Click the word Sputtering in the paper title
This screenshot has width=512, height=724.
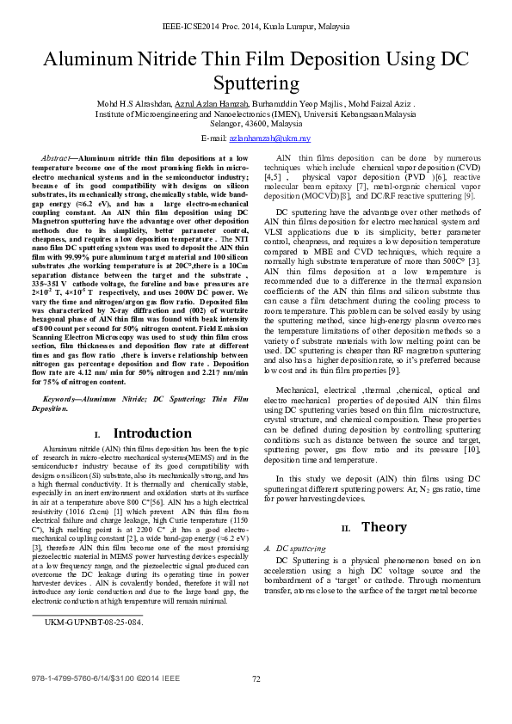256,83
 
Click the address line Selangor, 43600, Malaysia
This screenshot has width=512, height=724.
256,123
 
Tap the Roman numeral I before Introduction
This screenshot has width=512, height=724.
97,435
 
